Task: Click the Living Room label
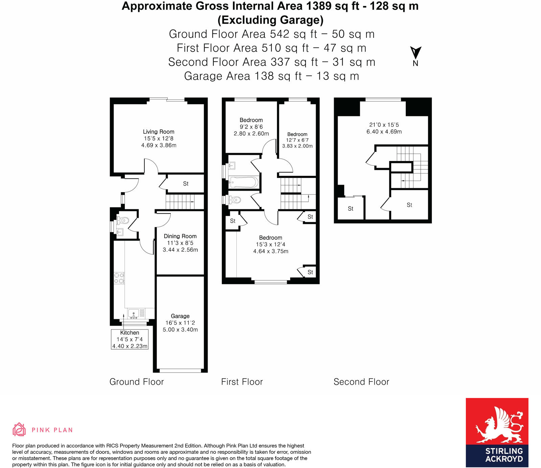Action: (159, 138)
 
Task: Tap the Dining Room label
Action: (180, 243)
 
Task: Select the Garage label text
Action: (180, 316)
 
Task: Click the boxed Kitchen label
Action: (130, 339)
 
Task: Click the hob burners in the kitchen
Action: (119, 278)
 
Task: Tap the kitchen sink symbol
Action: (134, 313)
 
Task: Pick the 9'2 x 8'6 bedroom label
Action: (251, 127)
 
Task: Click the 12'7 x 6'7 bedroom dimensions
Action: (297, 140)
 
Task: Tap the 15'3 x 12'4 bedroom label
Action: (270, 244)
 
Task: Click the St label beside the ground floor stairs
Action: (186, 184)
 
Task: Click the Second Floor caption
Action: (361, 382)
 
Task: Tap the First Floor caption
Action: (242, 382)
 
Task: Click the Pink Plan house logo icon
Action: (19, 429)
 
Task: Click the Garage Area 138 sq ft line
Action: (271, 76)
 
